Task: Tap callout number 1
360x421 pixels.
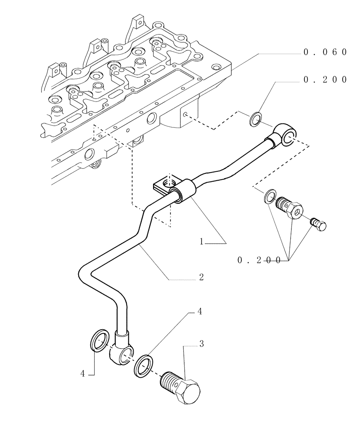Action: (x=202, y=242)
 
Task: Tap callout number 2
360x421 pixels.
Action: (x=201, y=277)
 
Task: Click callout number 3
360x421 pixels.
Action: (x=201, y=344)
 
